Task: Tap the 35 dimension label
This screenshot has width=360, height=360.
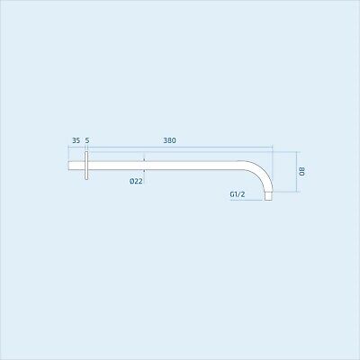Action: pyautogui.click(x=76, y=139)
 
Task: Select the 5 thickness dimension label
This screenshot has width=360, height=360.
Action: pyautogui.click(x=87, y=139)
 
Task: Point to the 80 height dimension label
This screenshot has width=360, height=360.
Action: pyautogui.click(x=303, y=171)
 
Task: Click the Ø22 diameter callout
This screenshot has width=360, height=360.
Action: pyautogui.click(x=136, y=181)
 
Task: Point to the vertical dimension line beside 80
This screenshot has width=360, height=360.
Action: pyautogui.click(x=295, y=171)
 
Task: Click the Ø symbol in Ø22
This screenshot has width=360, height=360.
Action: pyautogui.click(x=130, y=181)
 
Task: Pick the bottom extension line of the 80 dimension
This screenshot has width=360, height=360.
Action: pyautogui.click(x=284, y=191)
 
